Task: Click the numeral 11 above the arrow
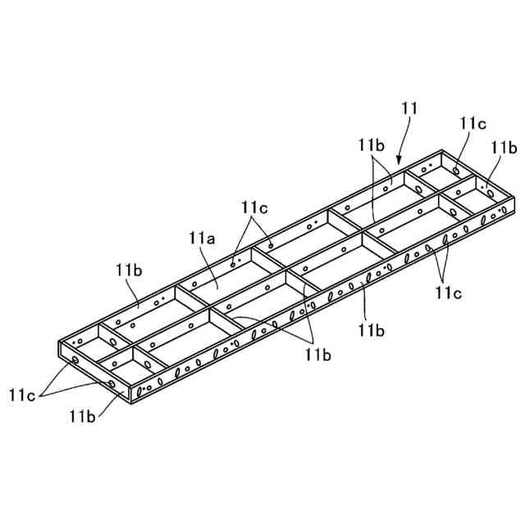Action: pyautogui.click(x=410, y=107)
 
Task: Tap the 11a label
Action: pyautogui.click(x=202, y=239)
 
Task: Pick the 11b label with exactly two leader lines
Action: pyautogui.click(x=371, y=144)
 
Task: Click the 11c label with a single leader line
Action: pyautogui.click(x=472, y=123)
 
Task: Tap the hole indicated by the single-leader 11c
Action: pyautogui.click(x=456, y=171)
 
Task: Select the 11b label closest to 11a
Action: pyautogui.click(x=128, y=269)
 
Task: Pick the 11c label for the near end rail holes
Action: pyautogui.click(x=23, y=395)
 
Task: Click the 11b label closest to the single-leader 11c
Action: pyautogui.click(x=502, y=147)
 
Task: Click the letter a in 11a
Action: pyautogui.click(x=211, y=240)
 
